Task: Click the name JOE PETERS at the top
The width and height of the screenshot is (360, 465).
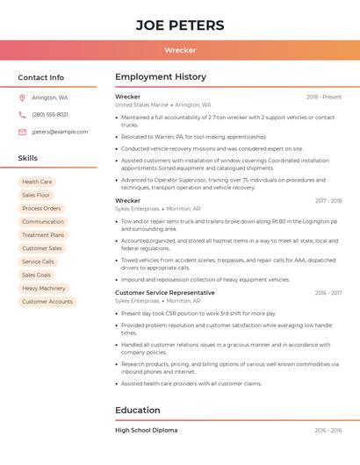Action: click(180, 25)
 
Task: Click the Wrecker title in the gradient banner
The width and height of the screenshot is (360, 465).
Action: click(180, 50)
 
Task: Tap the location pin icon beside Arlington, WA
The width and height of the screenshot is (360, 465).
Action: click(22, 97)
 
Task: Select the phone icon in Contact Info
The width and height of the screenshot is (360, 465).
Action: click(22, 114)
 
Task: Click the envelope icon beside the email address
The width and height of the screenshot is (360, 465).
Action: click(22, 132)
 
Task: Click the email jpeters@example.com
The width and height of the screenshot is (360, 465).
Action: click(60, 132)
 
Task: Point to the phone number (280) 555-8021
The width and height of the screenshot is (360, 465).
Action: click(50, 114)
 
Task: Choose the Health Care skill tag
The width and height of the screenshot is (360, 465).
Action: click(37, 182)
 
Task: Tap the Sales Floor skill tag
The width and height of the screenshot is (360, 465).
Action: click(37, 195)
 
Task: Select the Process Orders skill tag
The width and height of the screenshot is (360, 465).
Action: click(41, 209)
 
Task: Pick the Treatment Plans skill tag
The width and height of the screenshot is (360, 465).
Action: click(43, 235)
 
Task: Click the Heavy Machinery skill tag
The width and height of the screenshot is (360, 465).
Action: click(44, 288)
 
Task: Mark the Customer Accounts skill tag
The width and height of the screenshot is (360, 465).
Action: click(47, 302)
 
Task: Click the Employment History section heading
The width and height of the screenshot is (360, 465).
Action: click(161, 77)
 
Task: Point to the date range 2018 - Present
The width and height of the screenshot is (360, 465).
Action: click(324, 97)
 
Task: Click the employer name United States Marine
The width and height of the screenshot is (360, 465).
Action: click(141, 104)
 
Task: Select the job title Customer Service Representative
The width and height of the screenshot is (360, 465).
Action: click(164, 292)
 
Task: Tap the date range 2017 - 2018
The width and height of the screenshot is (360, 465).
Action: click(328, 201)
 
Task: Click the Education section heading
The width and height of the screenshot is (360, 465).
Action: click(138, 410)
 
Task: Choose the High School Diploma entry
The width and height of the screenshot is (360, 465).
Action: click(146, 431)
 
